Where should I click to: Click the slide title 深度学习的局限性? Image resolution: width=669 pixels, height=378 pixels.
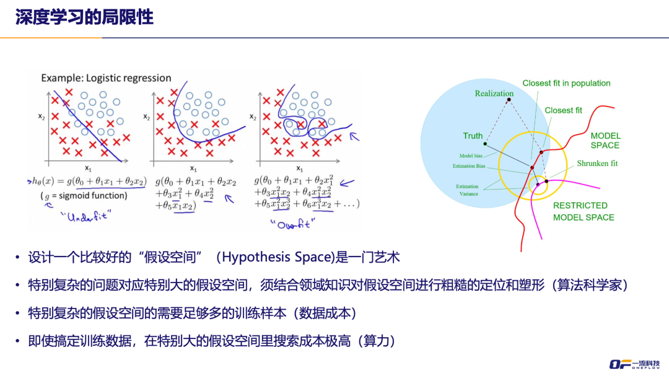84,17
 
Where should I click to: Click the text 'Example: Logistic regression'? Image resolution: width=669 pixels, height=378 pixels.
106,78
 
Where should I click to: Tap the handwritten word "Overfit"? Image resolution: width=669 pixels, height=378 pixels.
293,222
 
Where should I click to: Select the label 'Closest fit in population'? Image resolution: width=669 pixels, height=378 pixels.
566,83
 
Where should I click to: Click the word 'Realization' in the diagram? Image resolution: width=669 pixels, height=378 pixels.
494,94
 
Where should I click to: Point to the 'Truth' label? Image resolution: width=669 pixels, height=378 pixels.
473,136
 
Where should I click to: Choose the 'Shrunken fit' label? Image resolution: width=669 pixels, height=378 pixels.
597,164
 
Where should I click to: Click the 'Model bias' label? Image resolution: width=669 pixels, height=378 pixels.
471,156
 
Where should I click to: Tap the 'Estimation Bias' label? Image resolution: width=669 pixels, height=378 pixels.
469,166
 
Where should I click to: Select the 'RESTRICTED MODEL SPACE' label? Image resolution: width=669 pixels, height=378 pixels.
584,211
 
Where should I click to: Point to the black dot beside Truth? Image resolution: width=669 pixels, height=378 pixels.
486,145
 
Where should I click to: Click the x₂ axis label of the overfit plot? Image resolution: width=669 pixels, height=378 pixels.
253,116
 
